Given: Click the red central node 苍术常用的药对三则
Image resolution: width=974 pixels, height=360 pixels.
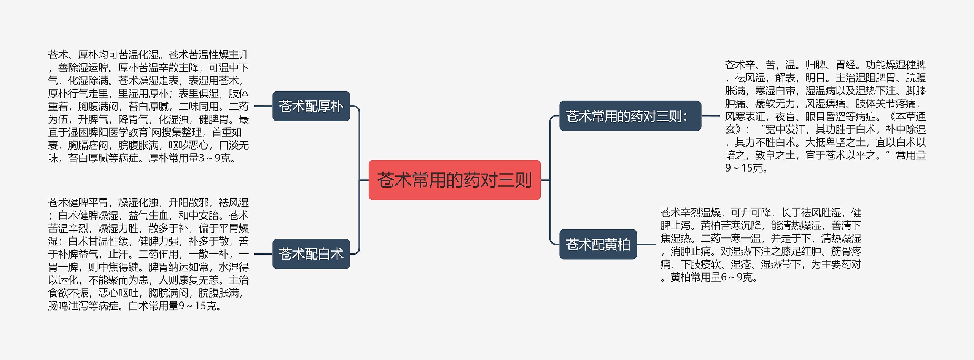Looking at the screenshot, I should tap(454, 180).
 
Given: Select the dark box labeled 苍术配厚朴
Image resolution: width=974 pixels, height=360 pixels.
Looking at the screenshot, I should tap(311, 106).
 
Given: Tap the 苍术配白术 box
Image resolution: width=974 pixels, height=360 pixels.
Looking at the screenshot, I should tap(311, 254).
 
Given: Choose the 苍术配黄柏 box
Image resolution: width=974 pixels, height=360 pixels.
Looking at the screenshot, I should tap(598, 244).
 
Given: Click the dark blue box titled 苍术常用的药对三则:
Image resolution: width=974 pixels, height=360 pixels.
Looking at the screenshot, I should tap(630, 116).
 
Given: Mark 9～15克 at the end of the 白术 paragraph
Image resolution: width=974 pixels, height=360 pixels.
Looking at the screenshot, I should tap(194, 306).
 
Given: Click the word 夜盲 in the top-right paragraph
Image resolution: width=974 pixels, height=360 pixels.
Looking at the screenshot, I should tap(785, 116).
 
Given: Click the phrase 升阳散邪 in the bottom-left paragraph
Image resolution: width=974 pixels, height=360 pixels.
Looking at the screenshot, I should tap(189, 202).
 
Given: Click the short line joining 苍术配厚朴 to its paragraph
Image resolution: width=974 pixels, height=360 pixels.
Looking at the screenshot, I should tap(263, 106).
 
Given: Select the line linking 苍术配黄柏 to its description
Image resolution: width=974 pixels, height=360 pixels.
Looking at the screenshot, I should tap(646, 244).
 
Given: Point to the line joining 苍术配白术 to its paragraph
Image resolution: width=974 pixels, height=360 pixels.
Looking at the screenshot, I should tap(263, 254).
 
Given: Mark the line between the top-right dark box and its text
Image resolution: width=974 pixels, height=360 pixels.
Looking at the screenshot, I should tap(710, 116).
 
